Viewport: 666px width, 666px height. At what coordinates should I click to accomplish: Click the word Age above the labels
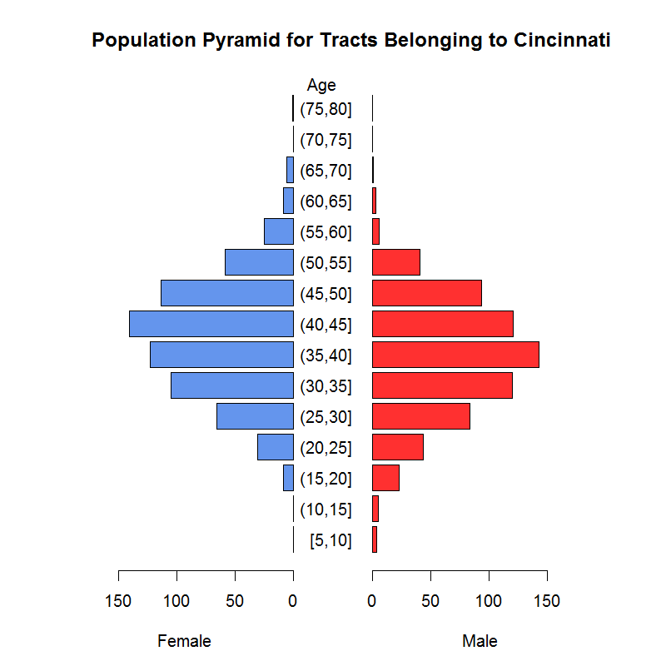pos(321,85)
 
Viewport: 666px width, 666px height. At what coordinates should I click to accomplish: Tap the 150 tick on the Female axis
pos(118,599)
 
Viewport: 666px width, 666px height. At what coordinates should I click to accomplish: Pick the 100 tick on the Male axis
pos(489,599)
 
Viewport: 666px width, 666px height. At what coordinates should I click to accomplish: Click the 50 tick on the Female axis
pos(235,599)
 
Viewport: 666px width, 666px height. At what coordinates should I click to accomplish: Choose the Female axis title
pos(184,641)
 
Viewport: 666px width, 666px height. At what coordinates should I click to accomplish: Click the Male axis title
pos(480,641)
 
